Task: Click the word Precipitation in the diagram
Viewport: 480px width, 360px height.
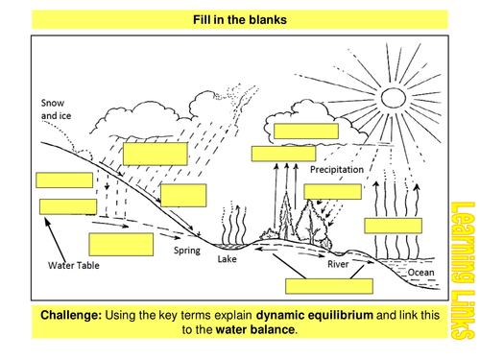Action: pyautogui.click(x=337, y=169)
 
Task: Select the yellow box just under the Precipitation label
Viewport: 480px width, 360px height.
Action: pyautogui.click(x=332, y=190)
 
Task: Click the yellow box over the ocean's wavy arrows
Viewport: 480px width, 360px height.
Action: pyautogui.click(x=394, y=227)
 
